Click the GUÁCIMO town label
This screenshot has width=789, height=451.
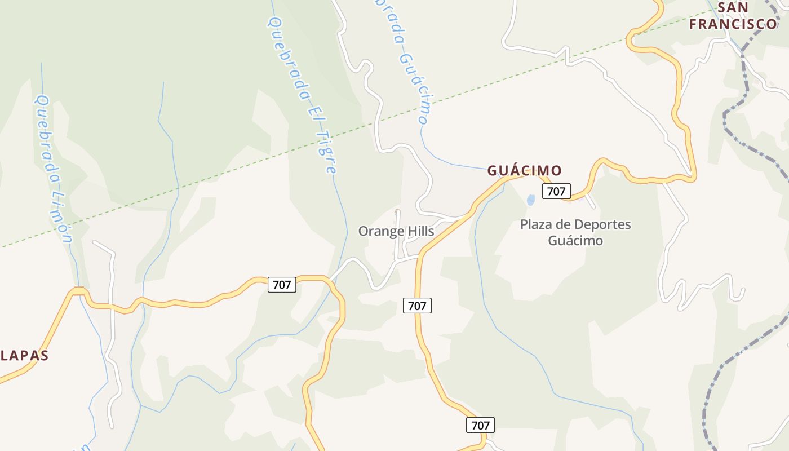tap(524, 170)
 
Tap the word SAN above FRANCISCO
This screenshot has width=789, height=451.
tap(733, 7)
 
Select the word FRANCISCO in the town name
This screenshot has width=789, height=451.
tap(733, 24)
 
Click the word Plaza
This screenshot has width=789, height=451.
tap(536, 224)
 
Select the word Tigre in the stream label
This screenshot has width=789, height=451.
tap(327, 152)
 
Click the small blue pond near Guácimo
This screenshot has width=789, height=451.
tap(530, 200)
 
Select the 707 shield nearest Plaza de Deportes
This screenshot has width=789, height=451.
tap(556, 191)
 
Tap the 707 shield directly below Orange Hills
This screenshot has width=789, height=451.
tap(417, 306)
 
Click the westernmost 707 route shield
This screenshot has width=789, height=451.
tap(282, 285)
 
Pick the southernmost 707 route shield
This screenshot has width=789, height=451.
tap(480, 425)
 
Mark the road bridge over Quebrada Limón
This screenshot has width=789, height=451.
tap(78, 290)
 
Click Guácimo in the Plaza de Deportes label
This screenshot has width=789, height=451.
tap(575, 241)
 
